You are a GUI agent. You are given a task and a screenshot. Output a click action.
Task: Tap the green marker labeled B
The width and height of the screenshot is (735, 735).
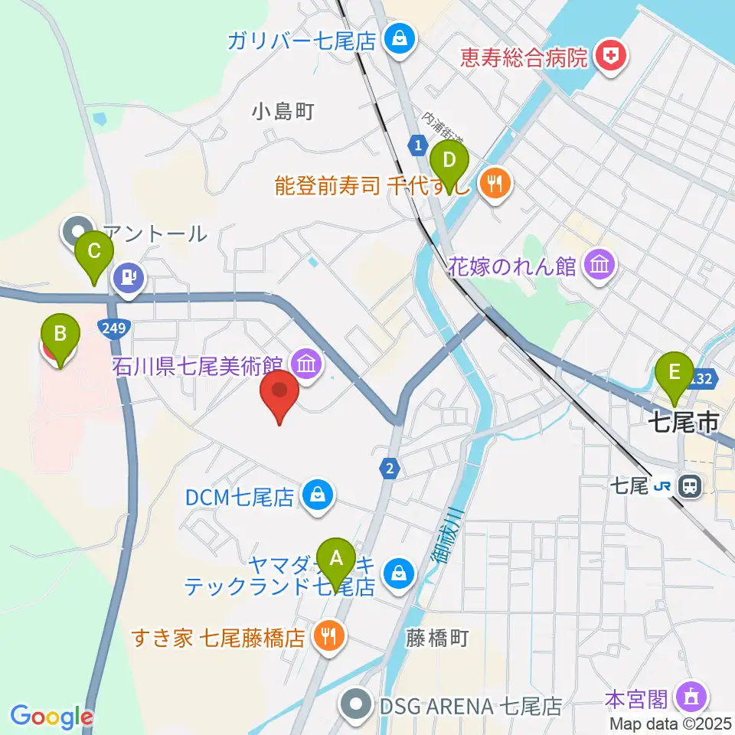point(59,338)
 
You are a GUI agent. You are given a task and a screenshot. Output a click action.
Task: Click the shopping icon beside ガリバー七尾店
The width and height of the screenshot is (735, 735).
point(398,38)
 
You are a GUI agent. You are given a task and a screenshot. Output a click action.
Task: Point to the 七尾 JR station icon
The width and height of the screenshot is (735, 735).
point(691,485)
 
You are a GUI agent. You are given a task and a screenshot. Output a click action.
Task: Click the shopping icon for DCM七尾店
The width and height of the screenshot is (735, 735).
point(315,496)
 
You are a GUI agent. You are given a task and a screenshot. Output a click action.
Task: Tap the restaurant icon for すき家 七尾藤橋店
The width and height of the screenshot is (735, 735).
point(329,636)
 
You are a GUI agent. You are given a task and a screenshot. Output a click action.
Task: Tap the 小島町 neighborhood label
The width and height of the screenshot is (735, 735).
point(283,112)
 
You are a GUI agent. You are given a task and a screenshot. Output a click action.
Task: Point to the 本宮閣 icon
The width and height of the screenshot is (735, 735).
point(691,697)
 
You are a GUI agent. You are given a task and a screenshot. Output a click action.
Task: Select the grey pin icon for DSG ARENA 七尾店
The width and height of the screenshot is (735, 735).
point(355,704)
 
